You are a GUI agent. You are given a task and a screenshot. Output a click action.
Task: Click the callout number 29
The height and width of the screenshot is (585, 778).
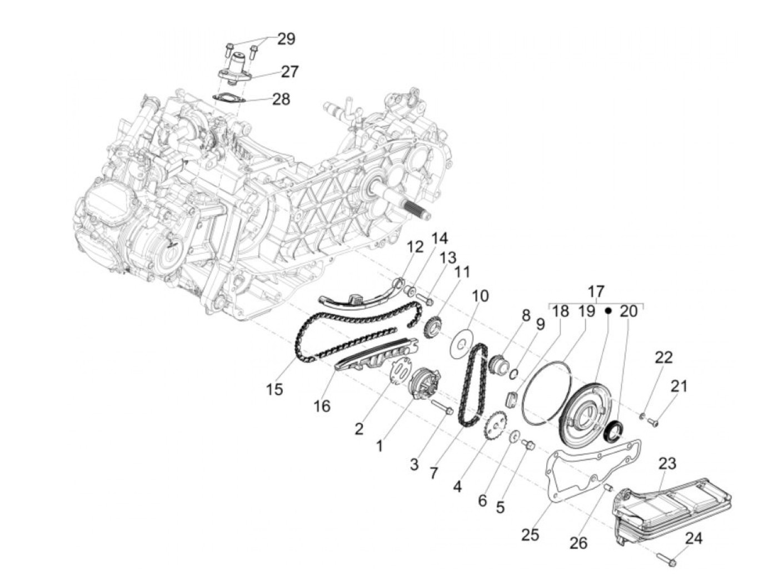(x=286, y=39)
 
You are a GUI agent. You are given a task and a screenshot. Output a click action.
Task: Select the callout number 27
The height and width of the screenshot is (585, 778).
(x=290, y=72)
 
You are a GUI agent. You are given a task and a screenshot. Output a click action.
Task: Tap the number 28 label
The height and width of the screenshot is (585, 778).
(x=281, y=100)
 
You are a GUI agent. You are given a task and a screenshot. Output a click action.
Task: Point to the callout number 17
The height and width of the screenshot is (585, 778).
(x=596, y=291)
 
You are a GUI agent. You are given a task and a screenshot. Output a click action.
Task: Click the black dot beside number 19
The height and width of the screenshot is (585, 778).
(x=608, y=311)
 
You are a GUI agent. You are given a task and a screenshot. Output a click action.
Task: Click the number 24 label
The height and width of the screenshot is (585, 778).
(x=693, y=538)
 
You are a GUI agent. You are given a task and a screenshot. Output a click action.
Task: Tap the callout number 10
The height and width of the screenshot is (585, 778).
(x=481, y=295)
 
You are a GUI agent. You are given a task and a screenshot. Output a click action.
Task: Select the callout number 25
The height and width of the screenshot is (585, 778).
(x=530, y=534)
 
